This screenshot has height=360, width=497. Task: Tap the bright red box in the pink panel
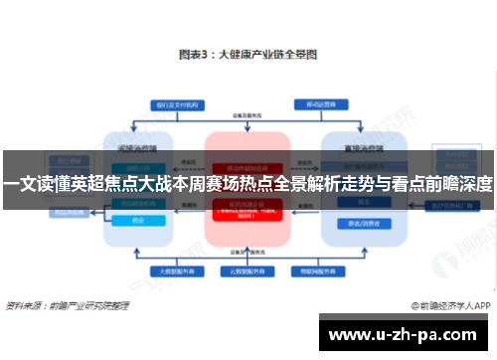click(248, 211)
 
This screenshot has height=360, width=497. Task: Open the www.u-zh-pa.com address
click(408, 334)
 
